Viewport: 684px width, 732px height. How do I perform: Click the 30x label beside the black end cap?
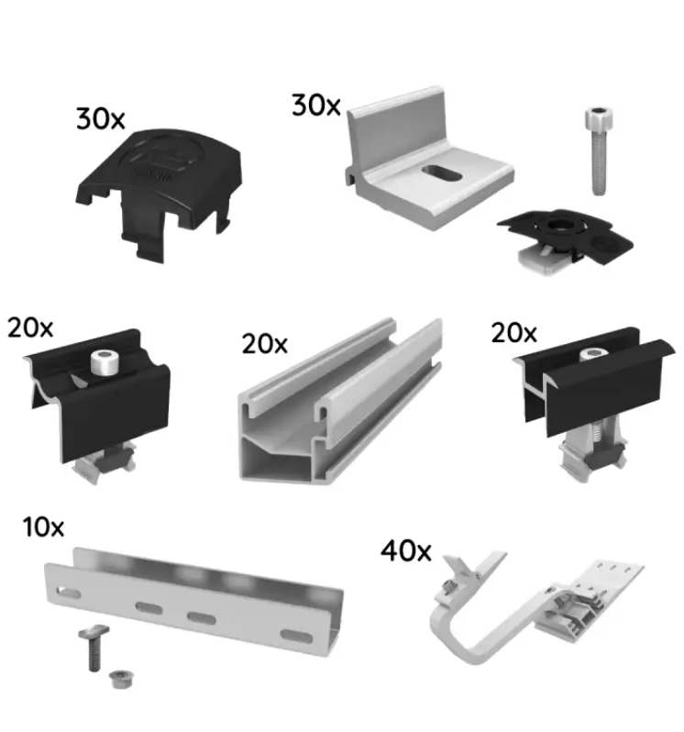point(100,119)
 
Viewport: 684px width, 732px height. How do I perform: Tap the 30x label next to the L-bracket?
point(316,105)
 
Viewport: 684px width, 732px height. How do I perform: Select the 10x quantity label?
point(43,527)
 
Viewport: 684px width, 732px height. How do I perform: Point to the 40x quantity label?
point(406,550)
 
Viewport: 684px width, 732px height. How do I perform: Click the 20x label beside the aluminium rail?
point(265,345)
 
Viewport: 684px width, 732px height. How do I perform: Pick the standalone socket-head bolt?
point(599,150)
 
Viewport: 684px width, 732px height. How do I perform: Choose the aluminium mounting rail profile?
point(340,402)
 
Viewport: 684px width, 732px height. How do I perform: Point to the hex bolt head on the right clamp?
point(594,354)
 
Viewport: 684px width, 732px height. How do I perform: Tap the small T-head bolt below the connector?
point(94,648)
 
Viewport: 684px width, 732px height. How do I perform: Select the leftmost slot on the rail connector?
point(68,593)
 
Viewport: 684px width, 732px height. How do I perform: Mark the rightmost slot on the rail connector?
point(296,636)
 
